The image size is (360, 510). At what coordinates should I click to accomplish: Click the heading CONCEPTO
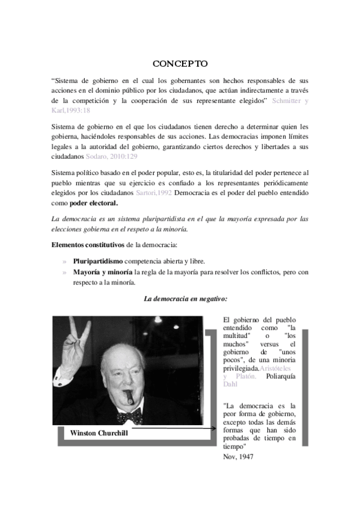[180, 63]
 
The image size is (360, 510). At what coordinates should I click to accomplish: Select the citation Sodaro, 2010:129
[111, 156]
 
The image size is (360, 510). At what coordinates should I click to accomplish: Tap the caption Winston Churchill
[99, 432]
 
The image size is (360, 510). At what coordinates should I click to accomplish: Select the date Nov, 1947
[238, 456]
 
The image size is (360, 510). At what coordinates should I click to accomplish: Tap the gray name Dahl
[230, 384]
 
